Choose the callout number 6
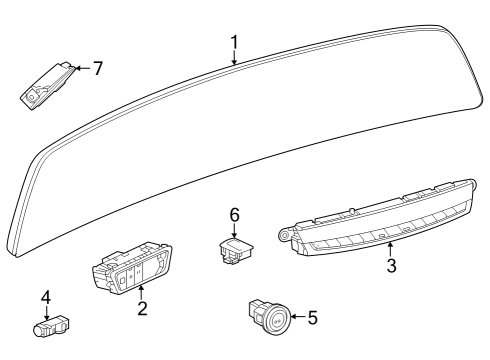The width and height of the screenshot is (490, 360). coord(235,214)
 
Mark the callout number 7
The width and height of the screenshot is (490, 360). coord(97,69)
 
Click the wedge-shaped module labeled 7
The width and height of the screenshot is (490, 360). coord(45,85)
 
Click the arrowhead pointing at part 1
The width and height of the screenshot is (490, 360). coord(234,63)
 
